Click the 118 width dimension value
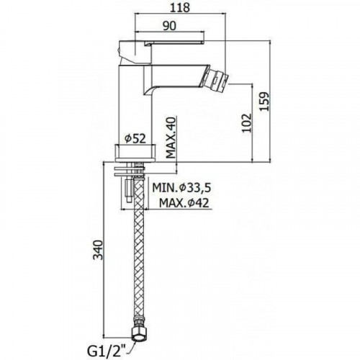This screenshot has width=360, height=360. point(180,8)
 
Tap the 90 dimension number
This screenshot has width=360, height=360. point(169,26)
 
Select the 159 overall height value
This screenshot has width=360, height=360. point(265,101)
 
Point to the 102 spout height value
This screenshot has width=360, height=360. point(247,122)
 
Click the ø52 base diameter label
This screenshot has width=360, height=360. point(135,138)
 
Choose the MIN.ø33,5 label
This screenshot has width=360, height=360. point(181,188)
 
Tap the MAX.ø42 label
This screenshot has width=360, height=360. point(184,203)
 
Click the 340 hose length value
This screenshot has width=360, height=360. point(98,250)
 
